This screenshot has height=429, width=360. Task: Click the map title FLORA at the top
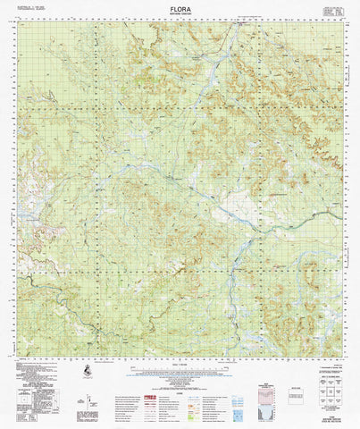tap(179, 7)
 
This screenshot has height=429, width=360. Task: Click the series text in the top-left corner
tap(34, 8)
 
